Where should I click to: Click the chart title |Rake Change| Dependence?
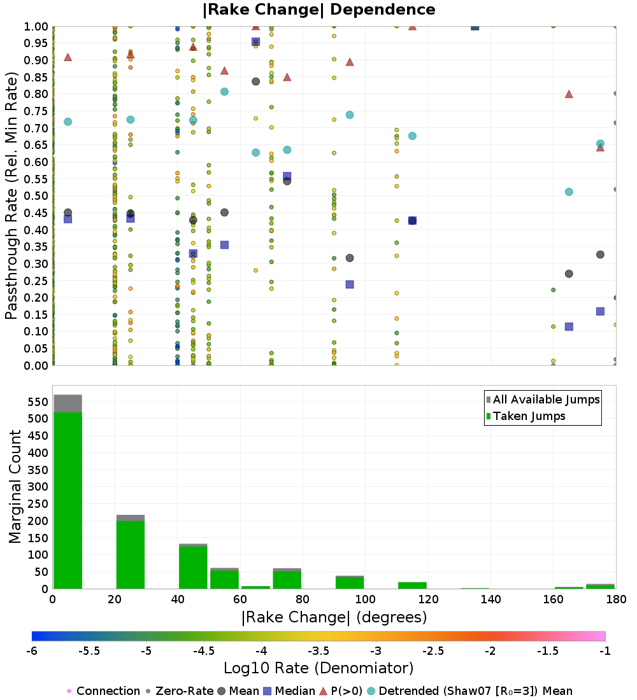click(x=318, y=10)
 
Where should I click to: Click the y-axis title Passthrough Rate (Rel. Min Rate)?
click(x=11, y=195)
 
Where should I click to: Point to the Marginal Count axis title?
click(x=15, y=487)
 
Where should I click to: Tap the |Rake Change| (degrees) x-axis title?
click(x=334, y=617)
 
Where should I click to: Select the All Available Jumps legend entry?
click(x=543, y=400)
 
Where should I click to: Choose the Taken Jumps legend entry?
click(x=526, y=416)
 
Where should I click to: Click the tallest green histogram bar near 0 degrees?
click(x=68, y=500)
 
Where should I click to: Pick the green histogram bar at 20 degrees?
click(x=131, y=555)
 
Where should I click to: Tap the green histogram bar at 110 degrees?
click(x=412, y=585)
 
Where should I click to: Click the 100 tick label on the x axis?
click(x=365, y=599)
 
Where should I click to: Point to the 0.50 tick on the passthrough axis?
click(x=35, y=196)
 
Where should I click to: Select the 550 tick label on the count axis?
click(x=38, y=402)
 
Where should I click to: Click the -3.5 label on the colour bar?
click(x=319, y=651)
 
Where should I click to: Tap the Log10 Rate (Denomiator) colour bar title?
click(x=318, y=668)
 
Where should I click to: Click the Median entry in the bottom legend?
click(x=289, y=691)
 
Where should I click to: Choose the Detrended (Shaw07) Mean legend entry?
click(x=469, y=691)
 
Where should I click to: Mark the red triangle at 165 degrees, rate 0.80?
click(x=569, y=94)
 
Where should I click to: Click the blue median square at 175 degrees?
click(x=600, y=311)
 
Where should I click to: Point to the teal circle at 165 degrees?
click(x=569, y=192)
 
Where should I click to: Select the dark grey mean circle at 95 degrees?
click(x=350, y=258)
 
